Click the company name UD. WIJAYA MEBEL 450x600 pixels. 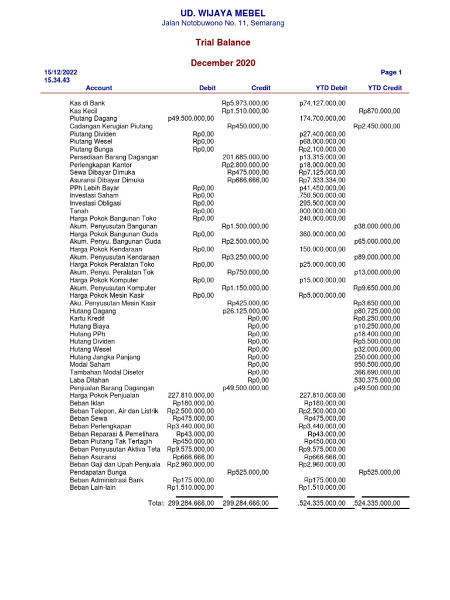click(x=223, y=13)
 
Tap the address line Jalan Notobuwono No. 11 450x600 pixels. click(x=223, y=23)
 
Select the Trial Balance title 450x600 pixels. click(x=223, y=43)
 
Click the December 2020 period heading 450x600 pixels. click(x=223, y=63)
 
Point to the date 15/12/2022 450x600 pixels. click(x=60, y=73)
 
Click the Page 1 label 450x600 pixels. click(x=391, y=73)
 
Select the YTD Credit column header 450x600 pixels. click(x=384, y=88)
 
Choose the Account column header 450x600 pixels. click(x=98, y=88)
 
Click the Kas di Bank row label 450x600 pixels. click(x=87, y=103)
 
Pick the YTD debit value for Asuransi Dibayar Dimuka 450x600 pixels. click(x=322, y=180)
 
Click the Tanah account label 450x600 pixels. click(x=79, y=211)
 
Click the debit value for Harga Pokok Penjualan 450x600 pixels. click(x=191, y=395)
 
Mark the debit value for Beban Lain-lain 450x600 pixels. click(x=190, y=487)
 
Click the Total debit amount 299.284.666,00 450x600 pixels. click(x=191, y=503)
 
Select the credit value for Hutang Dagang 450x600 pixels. click(x=246, y=311)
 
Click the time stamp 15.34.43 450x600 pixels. click(x=57, y=80)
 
